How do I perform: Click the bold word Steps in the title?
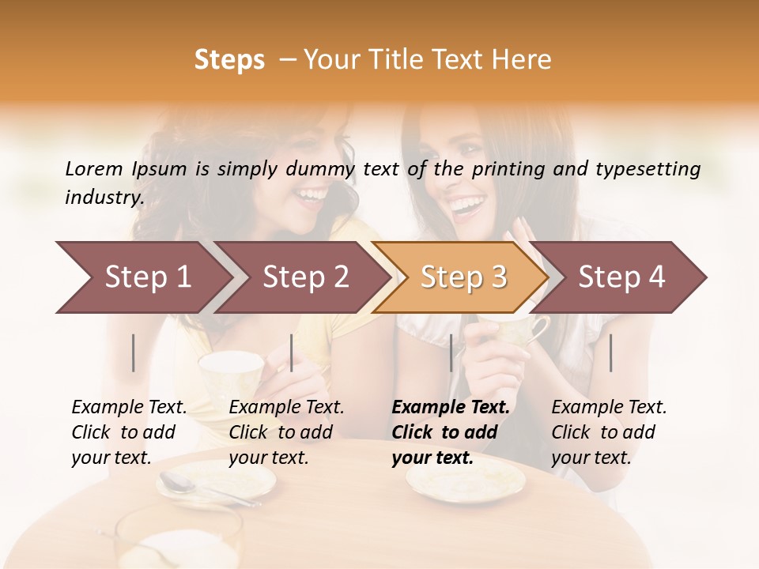pos(229,60)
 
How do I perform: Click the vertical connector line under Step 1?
pos(134,352)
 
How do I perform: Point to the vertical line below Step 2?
pos(292,352)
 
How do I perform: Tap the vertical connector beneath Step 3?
pos(451,352)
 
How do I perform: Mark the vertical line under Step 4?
pos(610,352)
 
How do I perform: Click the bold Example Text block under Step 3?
pos(451,432)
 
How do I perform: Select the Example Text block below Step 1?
pos(129,432)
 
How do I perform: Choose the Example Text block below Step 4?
pos(609,432)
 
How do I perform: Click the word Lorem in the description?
pos(94,168)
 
